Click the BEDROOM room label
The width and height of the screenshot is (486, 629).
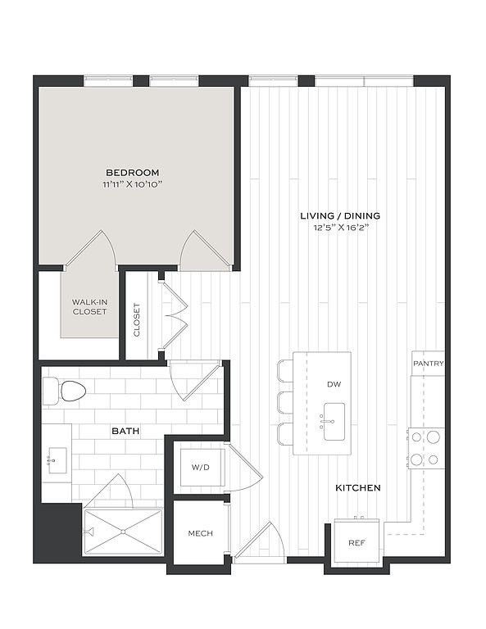click(x=133, y=173)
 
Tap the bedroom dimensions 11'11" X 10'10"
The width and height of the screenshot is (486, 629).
click(x=133, y=184)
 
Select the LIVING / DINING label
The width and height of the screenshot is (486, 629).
click(x=340, y=216)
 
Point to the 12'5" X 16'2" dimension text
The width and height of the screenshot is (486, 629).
click(x=340, y=228)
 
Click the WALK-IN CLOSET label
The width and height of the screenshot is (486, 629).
click(x=89, y=307)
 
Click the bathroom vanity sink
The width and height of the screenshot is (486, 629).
click(x=57, y=460)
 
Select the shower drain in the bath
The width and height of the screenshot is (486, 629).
click(x=123, y=532)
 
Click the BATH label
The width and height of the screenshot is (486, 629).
click(x=125, y=432)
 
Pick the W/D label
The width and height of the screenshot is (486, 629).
click(x=200, y=468)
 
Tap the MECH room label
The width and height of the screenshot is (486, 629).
click(x=200, y=533)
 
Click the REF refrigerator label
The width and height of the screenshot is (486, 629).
click(x=357, y=543)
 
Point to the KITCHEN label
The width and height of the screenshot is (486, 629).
click(x=358, y=488)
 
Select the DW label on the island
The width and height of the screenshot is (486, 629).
click(x=334, y=384)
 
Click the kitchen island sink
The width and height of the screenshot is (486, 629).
click(x=334, y=422)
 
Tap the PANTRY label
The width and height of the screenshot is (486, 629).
click(x=429, y=364)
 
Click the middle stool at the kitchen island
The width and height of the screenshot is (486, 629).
click(x=285, y=402)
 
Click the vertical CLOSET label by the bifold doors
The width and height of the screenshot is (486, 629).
click(x=137, y=319)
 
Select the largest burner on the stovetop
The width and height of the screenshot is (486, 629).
click(x=434, y=437)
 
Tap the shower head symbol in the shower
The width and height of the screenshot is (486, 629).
click(x=89, y=532)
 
